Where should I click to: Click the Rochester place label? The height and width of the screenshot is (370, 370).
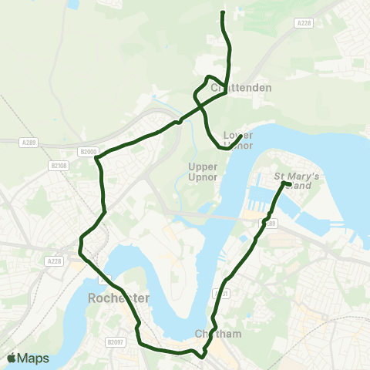pos(118,298)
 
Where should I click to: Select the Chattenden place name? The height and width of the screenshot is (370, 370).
pos(240,88)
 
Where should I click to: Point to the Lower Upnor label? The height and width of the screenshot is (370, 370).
pos(238,140)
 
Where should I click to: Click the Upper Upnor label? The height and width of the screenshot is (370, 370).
pos(203,171)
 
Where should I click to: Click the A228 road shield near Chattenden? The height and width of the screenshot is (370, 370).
pos(303,24)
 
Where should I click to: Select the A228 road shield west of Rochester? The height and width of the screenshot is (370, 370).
pos(53,261)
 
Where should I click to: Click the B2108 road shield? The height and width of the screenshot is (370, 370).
pos(59,165)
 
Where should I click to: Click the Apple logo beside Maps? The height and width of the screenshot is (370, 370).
pos(12,358)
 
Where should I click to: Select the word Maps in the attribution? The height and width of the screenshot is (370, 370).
pos(34,358)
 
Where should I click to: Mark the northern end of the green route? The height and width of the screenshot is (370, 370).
pos(223,12)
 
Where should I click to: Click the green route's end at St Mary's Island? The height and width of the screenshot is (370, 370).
pos(287,184)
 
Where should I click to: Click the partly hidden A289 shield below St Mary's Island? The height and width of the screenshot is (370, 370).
pos(271,223)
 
